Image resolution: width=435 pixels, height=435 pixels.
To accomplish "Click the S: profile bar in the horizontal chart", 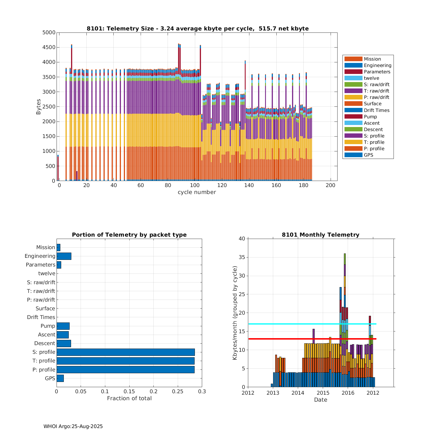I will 126,352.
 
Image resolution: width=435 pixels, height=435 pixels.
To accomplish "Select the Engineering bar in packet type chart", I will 64,256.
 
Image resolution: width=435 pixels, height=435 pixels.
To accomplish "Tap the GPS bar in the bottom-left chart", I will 60,378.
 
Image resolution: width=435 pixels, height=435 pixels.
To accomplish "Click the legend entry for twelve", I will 371,78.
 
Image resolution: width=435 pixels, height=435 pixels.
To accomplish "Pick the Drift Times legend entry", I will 376,110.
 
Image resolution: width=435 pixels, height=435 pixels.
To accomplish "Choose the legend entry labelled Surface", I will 372,104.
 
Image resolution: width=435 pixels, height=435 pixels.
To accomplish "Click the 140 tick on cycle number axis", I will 249,186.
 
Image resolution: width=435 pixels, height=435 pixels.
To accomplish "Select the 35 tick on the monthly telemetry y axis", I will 242,257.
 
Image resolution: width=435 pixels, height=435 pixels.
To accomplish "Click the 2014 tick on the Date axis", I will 298,393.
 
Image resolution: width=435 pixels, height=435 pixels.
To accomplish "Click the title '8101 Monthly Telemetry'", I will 320,235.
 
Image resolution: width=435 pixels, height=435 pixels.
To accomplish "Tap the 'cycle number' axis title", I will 197,192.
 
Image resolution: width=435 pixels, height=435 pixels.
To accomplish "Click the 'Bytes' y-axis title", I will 39,106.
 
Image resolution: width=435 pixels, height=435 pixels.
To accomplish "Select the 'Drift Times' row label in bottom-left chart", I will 41,317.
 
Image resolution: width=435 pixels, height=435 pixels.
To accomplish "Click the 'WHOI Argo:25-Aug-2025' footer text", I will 73,426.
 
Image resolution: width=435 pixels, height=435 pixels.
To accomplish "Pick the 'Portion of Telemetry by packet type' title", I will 129,235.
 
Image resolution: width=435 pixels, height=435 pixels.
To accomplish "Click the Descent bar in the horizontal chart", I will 64,343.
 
